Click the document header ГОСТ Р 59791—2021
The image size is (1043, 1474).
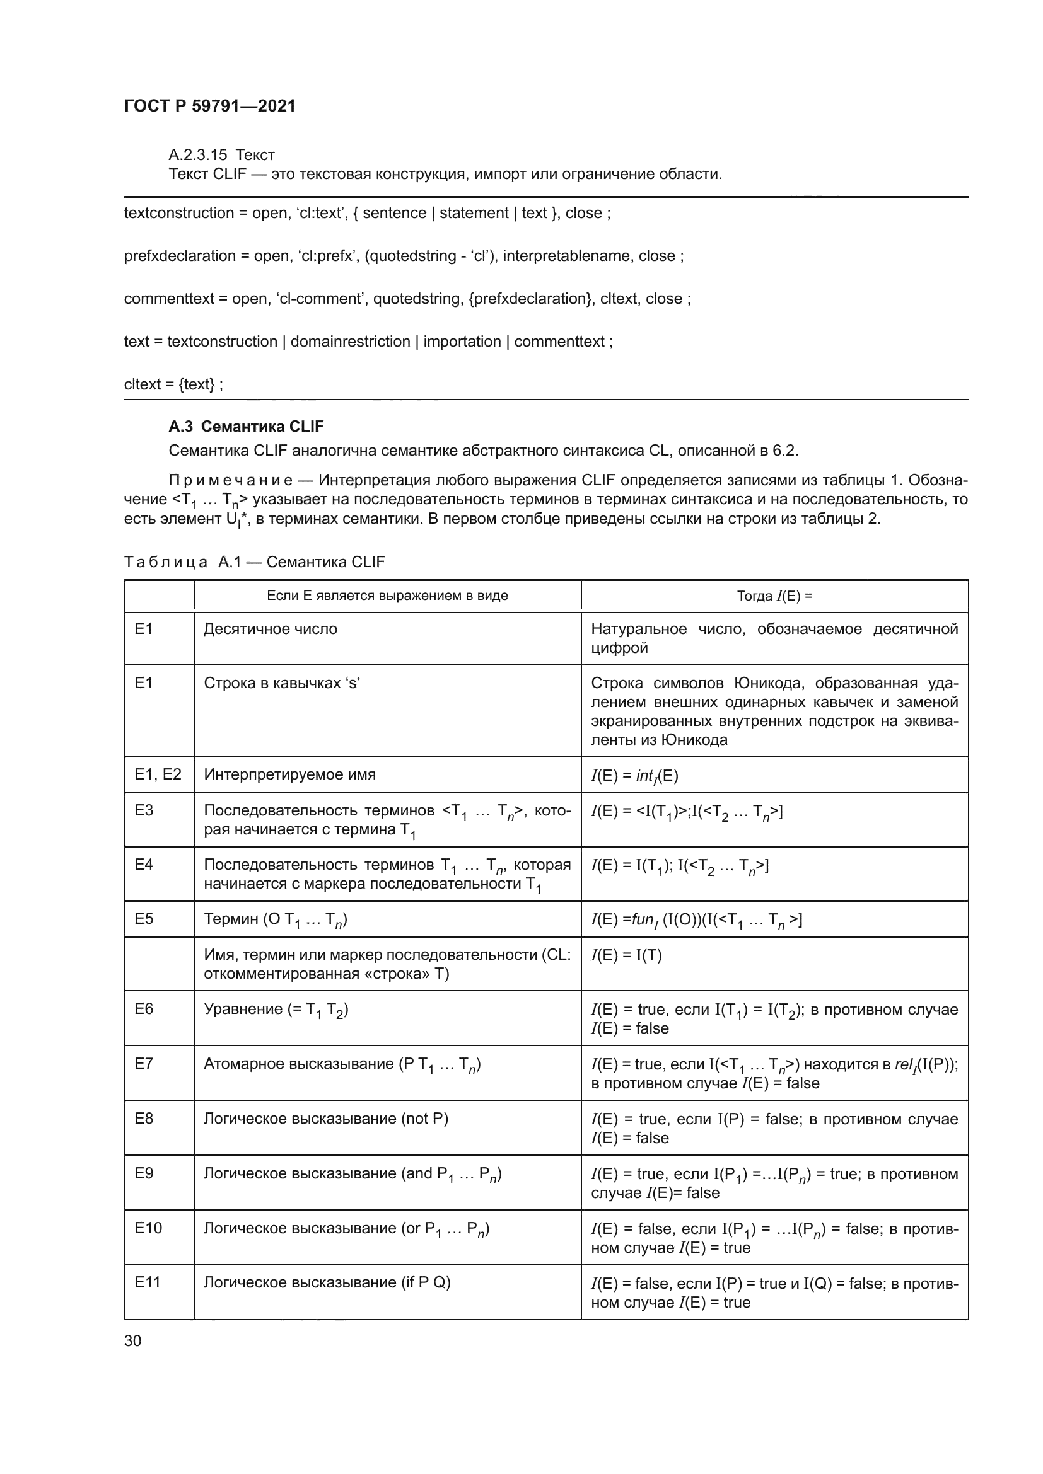point(210,106)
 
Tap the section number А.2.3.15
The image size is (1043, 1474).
point(198,155)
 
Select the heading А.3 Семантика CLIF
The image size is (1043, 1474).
point(246,426)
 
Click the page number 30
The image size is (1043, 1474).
point(132,1340)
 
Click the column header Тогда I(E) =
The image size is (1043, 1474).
point(774,596)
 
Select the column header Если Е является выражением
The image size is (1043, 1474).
point(387,595)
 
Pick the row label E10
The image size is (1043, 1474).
point(148,1228)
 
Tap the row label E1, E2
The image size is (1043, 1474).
point(158,774)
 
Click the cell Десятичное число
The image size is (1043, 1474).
point(271,628)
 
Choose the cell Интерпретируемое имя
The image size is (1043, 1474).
point(289,774)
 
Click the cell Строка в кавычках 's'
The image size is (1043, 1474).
point(281,683)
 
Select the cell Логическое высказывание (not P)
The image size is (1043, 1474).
point(325,1119)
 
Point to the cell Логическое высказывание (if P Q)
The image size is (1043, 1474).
point(327,1282)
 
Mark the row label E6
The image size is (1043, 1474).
point(144,1009)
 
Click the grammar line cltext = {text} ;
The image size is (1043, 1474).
point(173,384)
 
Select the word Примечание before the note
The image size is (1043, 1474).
point(231,480)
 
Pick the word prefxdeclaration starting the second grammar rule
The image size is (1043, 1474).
point(180,255)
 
